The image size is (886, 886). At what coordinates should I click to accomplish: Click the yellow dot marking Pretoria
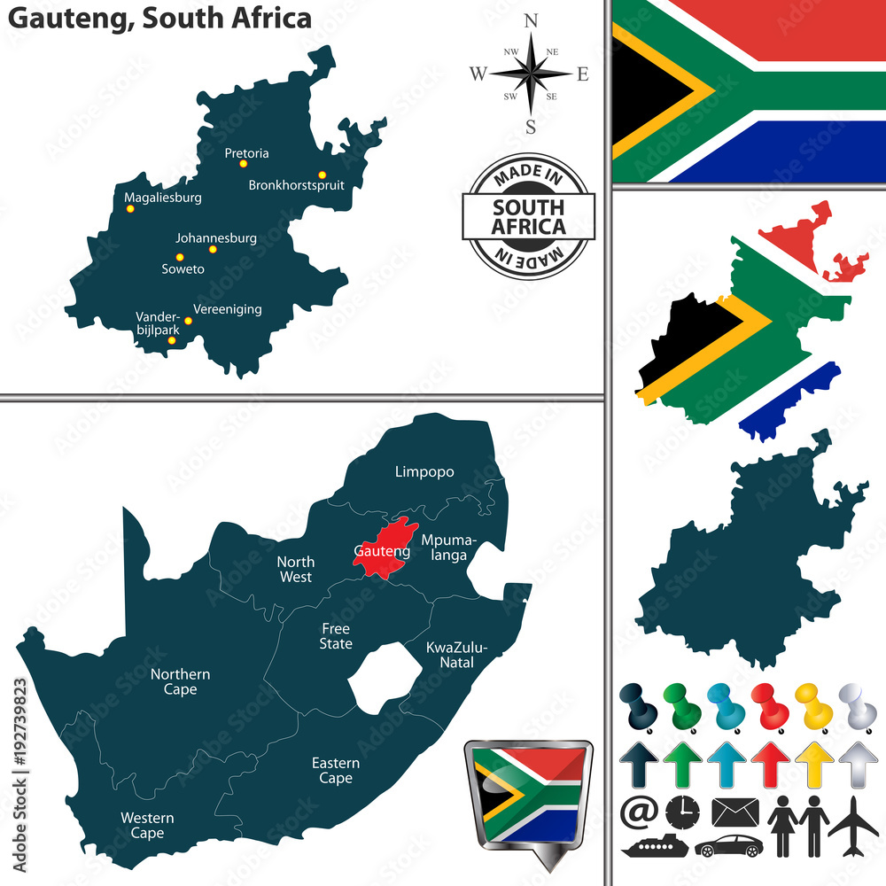coord(243,163)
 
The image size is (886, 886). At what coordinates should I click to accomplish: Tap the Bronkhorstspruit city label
coord(296,185)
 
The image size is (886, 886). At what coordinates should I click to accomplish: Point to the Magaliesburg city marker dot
coord(130,209)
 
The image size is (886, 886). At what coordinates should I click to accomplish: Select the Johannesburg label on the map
coord(216,237)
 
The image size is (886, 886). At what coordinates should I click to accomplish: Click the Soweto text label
coord(183,268)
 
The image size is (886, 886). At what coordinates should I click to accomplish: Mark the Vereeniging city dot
coord(188,321)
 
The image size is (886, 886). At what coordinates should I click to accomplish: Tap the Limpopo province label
coord(424,471)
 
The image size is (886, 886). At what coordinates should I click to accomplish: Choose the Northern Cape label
coord(180,681)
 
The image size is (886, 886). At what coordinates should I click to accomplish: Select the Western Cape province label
coord(148,825)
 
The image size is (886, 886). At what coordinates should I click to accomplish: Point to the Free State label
coord(336,635)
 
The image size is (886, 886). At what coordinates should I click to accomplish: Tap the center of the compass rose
coord(531,74)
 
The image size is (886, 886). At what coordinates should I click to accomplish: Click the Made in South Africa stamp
coord(529,216)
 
